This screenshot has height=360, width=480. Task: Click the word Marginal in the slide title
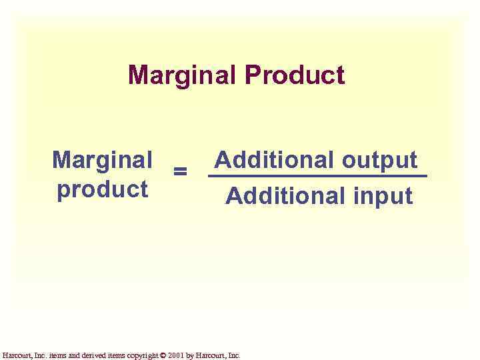click(183, 75)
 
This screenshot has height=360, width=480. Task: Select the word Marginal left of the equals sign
click(102, 160)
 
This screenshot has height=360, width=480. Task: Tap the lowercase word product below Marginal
click(102, 189)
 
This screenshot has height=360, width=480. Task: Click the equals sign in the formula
click(179, 171)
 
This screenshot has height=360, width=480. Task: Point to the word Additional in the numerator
click(274, 160)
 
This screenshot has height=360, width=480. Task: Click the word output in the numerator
click(379, 160)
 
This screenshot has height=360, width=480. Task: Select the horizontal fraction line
click(317, 177)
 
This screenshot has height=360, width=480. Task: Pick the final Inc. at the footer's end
click(234, 355)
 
